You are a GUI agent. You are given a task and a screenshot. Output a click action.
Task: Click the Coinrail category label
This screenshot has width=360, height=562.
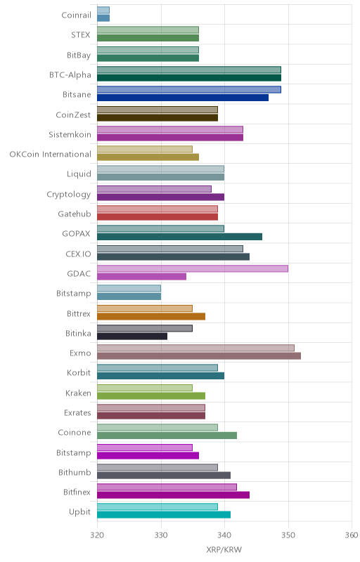[77, 15]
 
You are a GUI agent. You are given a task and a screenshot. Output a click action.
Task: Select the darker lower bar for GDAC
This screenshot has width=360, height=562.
[141, 276]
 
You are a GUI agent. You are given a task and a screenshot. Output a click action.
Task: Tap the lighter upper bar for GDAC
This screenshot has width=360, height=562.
[193, 268]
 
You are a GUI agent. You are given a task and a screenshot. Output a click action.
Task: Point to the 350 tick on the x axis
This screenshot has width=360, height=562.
[288, 535]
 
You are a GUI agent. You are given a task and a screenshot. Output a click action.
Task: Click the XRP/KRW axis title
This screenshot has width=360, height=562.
[224, 549]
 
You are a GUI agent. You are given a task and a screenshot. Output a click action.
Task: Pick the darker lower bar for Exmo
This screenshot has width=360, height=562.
[199, 356]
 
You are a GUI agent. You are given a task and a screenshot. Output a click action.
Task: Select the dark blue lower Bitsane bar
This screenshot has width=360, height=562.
[183, 98]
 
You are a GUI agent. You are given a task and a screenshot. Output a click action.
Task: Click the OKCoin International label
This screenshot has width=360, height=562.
[50, 154]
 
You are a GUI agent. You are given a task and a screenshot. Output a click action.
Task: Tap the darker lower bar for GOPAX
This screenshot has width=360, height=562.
[179, 237]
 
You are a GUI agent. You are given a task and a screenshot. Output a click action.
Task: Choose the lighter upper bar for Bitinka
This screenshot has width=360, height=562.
[145, 328]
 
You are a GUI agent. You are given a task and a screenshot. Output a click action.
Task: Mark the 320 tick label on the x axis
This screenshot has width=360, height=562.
[97, 535]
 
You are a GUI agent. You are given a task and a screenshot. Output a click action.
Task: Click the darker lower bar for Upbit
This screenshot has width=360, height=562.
[164, 515]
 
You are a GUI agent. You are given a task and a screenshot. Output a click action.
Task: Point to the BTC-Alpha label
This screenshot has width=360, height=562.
[70, 75]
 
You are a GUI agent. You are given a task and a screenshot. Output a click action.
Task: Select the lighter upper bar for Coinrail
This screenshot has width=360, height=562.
[103, 10]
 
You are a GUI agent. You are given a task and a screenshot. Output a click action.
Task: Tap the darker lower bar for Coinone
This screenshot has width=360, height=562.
[167, 436]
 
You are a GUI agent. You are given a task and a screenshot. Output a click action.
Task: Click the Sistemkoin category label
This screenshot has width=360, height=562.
[70, 134]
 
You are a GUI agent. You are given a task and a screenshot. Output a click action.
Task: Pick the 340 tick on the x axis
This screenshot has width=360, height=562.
[224, 535]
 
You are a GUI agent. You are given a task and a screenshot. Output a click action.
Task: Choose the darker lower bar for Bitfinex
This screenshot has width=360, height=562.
[173, 495]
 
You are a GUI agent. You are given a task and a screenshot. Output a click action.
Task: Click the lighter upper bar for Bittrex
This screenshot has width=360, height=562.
[145, 308]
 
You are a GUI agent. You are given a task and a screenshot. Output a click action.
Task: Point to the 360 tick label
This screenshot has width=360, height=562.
[352, 535]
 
